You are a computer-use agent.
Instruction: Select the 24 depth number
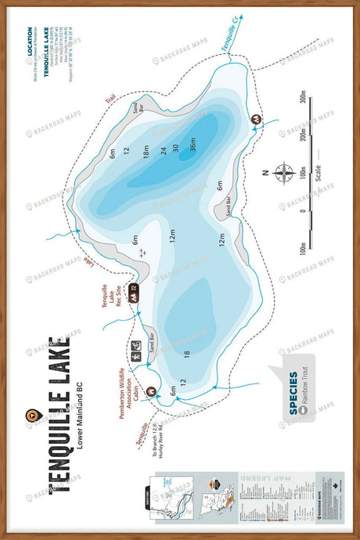(x=164, y=150)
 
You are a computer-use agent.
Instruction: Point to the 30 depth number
(x=176, y=147)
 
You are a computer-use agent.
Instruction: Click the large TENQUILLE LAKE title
(x=58, y=414)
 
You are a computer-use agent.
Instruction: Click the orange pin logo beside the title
(x=31, y=416)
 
